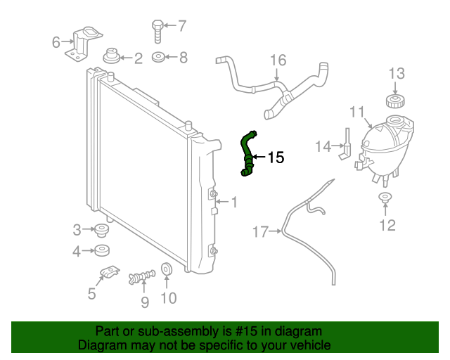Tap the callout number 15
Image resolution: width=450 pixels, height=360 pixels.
tap(276, 158)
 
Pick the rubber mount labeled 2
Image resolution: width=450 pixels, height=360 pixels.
tap(110, 56)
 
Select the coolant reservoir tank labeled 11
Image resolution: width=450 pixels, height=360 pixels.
tap(383, 148)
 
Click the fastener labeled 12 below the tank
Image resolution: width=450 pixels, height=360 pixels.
tap(385, 198)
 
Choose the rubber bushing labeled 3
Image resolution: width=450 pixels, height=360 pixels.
tap(103, 229)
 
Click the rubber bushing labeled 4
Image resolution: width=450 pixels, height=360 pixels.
tap(103, 250)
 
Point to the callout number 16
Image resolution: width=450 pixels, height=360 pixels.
tap(278, 60)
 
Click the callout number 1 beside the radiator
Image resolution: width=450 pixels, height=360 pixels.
tap(234, 202)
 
